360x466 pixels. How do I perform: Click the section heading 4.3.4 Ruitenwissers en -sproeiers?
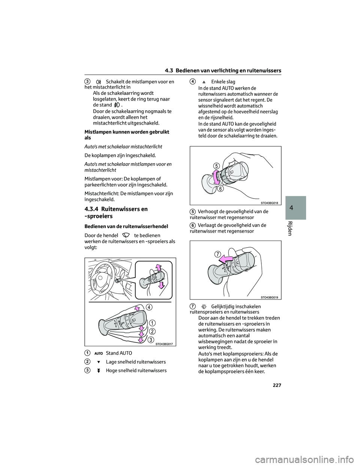pos(116,212)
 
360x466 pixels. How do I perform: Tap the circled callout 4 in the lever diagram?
pos(149,307)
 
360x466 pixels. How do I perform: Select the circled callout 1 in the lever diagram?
pos(153,323)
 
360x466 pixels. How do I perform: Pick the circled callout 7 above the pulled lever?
pos(218,254)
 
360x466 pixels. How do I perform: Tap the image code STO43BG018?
pos(269,203)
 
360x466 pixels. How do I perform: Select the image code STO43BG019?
pos(269,297)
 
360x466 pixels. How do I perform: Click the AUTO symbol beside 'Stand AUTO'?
pos(99,353)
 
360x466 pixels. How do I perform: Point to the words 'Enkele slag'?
pos(223,82)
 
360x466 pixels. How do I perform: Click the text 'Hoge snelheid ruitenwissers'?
pos(136,371)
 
